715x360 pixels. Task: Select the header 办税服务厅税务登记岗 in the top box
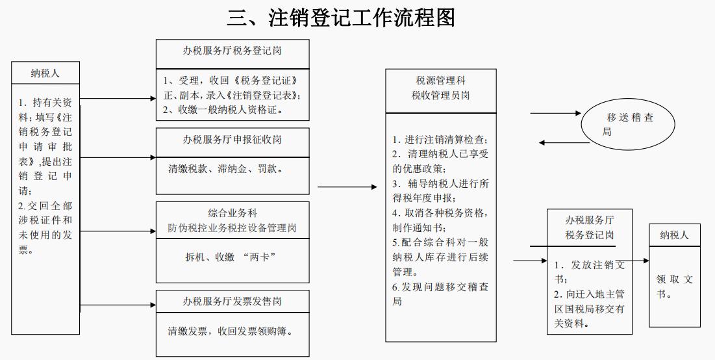[232, 51]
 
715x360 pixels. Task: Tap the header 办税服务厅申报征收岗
[232, 140]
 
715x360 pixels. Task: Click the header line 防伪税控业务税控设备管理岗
[232, 228]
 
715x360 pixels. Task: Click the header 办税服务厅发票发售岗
[232, 301]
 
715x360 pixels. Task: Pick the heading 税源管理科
[440, 81]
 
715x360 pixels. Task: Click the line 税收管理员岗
[440, 96]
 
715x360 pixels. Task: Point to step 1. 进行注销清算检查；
[440, 140]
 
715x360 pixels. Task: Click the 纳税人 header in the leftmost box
[45, 73]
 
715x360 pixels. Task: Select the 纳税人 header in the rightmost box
[674, 235]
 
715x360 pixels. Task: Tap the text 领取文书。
[674, 286]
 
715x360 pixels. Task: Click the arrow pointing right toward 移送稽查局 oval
[555, 113]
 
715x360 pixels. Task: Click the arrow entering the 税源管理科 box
[347, 187]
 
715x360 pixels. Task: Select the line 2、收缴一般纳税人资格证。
[225, 110]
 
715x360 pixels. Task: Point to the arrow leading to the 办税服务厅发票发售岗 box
[117, 305]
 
